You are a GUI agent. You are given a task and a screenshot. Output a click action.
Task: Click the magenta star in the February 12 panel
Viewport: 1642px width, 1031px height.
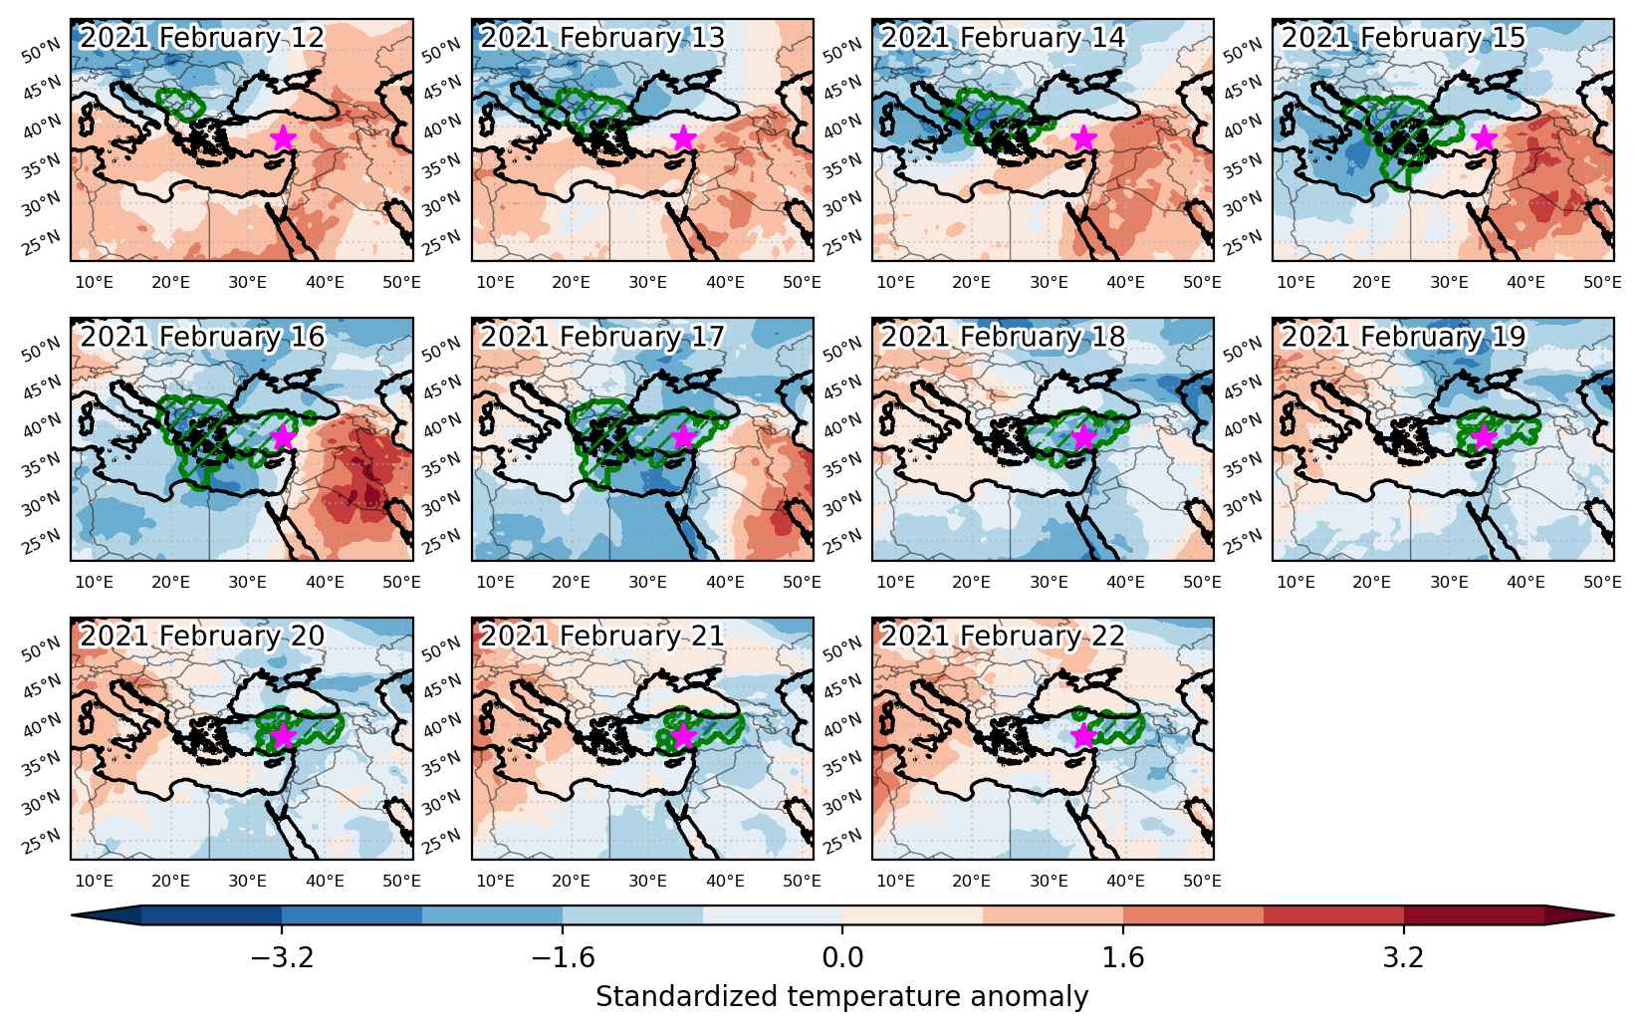[x=283, y=137]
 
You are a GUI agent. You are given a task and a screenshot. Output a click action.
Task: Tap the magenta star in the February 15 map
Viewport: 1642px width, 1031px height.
[x=1485, y=137]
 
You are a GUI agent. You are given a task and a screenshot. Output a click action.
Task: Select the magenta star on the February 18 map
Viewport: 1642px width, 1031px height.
[x=1083, y=437]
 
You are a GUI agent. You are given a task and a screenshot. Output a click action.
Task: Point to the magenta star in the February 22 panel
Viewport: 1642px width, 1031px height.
[x=1083, y=735]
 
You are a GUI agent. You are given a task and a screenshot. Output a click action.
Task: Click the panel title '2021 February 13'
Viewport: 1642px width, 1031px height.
[x=602, y=38]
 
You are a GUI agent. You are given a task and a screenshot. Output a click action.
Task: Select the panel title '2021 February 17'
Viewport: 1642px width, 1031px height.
[x=602, y=337]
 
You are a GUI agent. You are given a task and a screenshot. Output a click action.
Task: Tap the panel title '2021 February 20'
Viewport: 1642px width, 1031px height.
[x=201, y=636]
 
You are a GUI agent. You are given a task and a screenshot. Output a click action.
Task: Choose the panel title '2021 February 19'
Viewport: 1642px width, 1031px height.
[x=1403, y=337]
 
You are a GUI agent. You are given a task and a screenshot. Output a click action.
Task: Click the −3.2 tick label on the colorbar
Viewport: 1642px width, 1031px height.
[x=282, y=957]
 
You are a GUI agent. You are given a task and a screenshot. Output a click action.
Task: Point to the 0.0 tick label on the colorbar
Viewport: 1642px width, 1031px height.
[x=842, y=957]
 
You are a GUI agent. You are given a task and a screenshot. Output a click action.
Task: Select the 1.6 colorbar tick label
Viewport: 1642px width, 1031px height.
[x=1123, y=957]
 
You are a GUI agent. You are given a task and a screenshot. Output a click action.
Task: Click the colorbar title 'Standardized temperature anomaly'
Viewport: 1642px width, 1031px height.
[x=842, y=997]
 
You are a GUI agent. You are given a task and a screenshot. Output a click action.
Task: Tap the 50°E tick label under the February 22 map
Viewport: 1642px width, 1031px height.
[x=1202, y=881]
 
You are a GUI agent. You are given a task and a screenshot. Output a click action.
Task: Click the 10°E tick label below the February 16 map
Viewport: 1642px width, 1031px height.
[x=95, y=582]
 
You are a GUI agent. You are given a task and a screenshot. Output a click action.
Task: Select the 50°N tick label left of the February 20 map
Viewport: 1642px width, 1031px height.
[x=42, y=648]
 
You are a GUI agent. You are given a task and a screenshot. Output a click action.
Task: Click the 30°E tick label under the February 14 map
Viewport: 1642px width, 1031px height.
[x=1049, y=282]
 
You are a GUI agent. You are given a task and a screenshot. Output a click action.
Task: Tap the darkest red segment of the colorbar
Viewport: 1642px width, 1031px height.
[x=1474, y=915]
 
